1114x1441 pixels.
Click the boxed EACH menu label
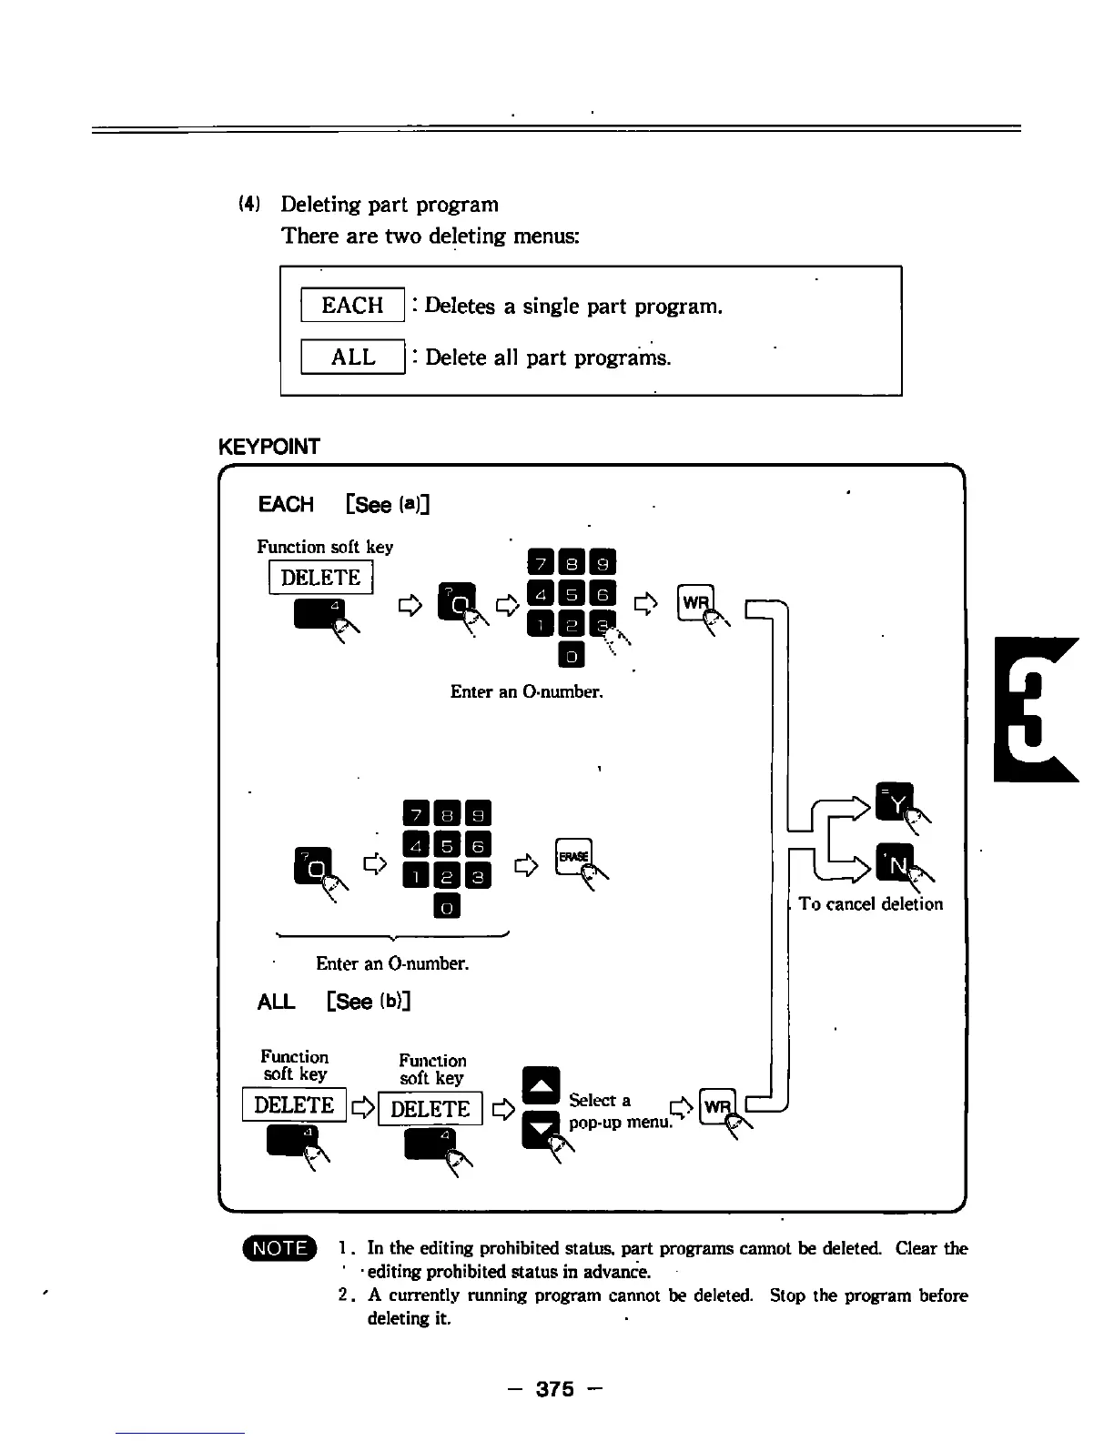(352, 305)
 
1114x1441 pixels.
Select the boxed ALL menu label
(352, 357)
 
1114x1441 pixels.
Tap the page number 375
(555, 1388)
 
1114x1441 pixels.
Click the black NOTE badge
(279, 1248)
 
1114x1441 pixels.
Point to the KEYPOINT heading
(269, 447)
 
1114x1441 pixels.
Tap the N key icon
(893, 862)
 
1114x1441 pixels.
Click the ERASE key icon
(573, 856)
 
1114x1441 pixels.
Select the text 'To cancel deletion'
(870, 903)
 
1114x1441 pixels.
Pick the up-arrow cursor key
(542, 1085)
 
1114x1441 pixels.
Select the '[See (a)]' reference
(388, 504)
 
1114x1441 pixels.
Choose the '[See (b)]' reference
(369, 1002)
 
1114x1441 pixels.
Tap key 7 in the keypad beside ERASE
(414, 813)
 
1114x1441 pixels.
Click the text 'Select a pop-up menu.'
(619, 1111)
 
